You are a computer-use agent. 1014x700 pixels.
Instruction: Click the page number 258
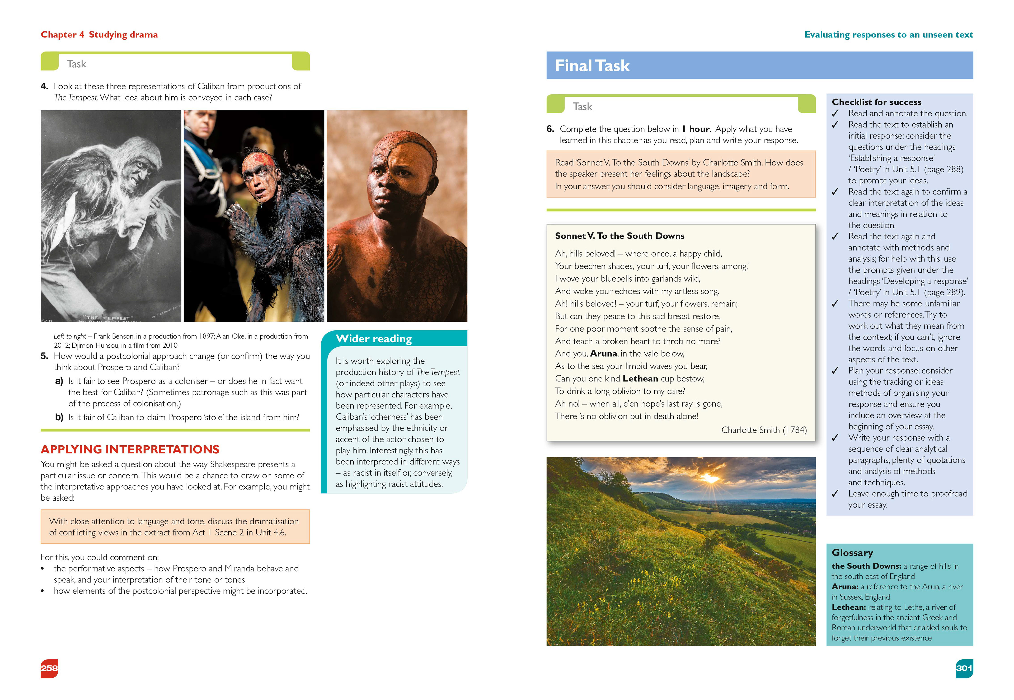pos(49,668)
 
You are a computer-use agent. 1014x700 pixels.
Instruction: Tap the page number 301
pos(964,668)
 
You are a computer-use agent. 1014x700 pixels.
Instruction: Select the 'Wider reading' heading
pos(373,339)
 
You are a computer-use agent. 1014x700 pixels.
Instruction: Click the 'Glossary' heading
pos(852,553)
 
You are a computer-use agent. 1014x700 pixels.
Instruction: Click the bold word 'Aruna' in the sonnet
pos(604,353)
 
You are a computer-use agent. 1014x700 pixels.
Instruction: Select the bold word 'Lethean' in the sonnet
pos(640,379)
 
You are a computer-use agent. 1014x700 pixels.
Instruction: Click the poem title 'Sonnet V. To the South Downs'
pos(619,236)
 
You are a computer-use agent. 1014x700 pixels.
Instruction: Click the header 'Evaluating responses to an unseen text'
pos(888,35)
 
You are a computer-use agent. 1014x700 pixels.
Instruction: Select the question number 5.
pos(44,356)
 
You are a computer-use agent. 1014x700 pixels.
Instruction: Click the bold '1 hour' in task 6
pos(696,129)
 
